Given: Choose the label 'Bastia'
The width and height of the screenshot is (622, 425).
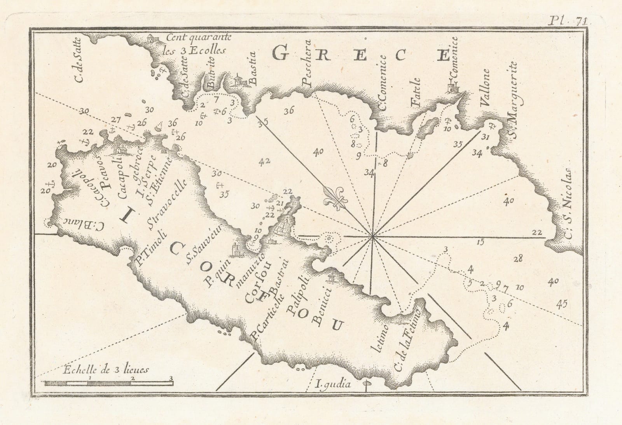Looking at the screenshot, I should [x=254, y=66].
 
